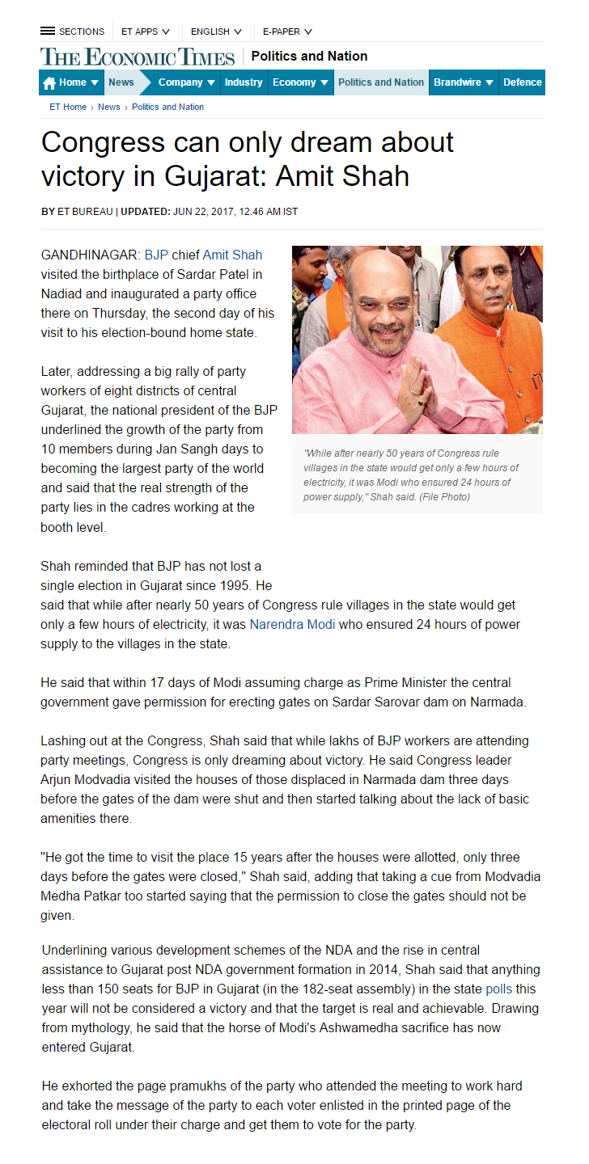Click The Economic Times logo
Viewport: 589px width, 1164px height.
(138, 57)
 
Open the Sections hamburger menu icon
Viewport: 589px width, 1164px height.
(48, 32)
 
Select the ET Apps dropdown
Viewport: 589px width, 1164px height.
(146, 32)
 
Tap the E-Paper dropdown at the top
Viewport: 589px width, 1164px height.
(287, 32)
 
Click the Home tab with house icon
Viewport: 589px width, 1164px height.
(71, 82)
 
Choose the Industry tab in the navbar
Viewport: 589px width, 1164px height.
(244, 82)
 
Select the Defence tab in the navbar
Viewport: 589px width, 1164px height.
(522, 82)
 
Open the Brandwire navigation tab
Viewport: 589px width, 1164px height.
(464, 82)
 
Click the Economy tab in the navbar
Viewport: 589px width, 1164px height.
(301, 82)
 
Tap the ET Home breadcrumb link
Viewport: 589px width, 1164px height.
(68, 107)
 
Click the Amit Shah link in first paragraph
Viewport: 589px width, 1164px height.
(232, 255)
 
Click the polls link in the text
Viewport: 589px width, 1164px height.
(498, 989)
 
